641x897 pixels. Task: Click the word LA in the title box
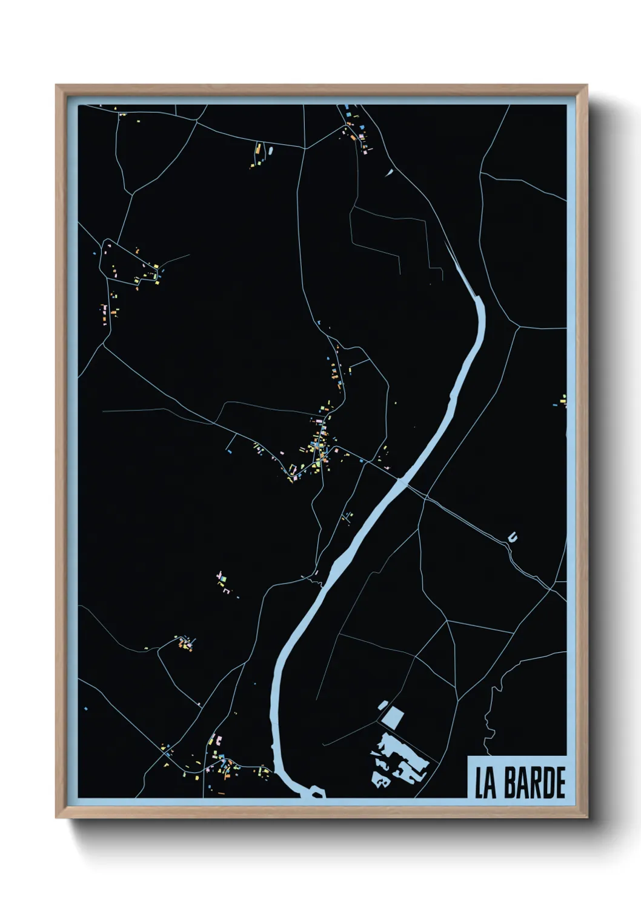point(486,784)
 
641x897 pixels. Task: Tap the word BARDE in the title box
point(534,784)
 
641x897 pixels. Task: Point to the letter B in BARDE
point(508,784)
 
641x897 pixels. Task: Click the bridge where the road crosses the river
point(402,482)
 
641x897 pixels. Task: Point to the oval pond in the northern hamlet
point(271,149)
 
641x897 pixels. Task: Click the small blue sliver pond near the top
point(389,172)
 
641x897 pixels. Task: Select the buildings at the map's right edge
point(562,400)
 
